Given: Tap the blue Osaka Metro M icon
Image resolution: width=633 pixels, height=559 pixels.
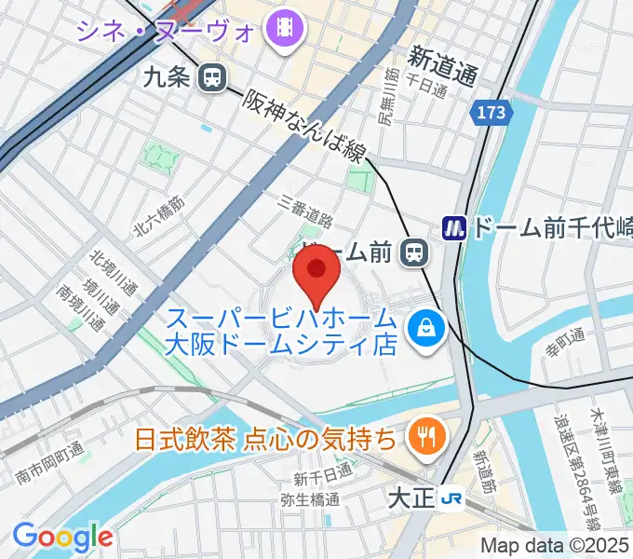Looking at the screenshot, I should (454, 226).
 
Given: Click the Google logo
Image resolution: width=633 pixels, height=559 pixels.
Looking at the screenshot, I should (62, 536).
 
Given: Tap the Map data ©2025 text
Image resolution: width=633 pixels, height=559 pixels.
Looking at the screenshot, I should (555, 545).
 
